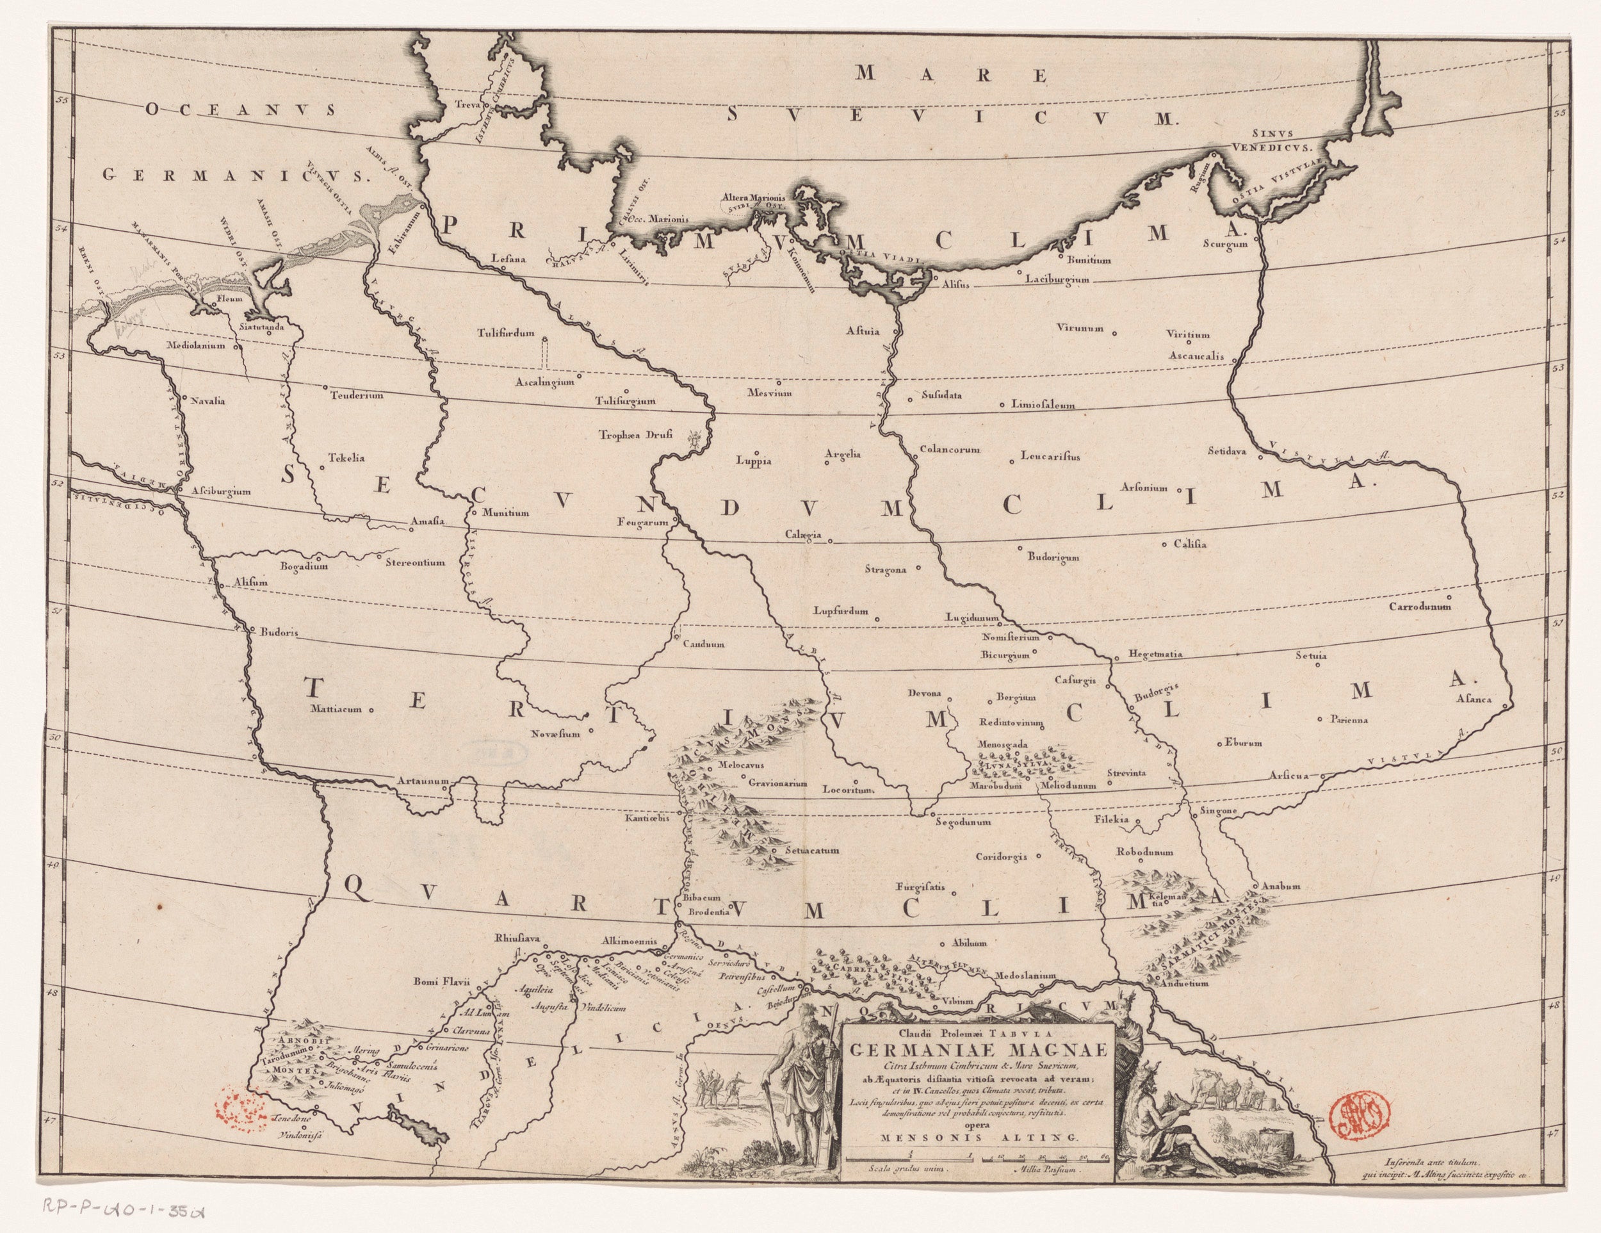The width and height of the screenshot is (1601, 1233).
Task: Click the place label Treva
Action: click(467, 104)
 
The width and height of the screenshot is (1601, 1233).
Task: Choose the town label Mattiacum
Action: click(338, 709)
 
